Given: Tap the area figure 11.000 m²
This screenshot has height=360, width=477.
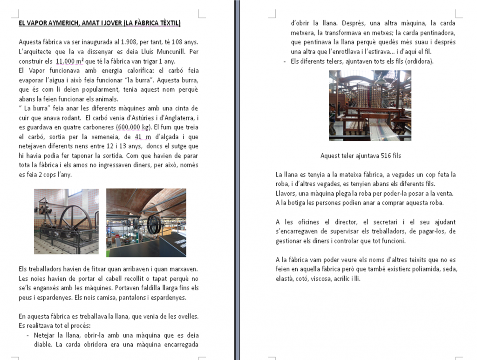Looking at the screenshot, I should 69,61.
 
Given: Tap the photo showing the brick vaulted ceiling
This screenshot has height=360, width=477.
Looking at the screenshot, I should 146,222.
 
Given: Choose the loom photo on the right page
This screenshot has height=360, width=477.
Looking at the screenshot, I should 370,105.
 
